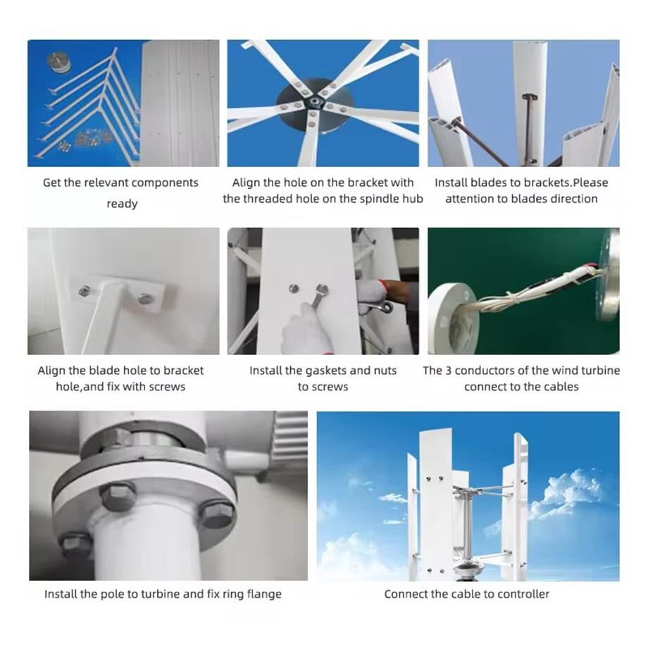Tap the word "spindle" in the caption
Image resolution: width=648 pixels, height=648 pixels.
point(360,199)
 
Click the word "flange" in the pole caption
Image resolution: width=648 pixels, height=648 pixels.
point(263,594)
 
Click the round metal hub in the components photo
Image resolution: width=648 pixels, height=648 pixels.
point(59,62)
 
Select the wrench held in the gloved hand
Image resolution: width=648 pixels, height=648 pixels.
point(317,297)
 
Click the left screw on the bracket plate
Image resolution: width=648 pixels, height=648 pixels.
point(85,290)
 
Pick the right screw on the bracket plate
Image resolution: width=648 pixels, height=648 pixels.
point(145,299)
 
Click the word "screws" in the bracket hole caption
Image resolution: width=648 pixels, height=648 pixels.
point(168,387)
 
